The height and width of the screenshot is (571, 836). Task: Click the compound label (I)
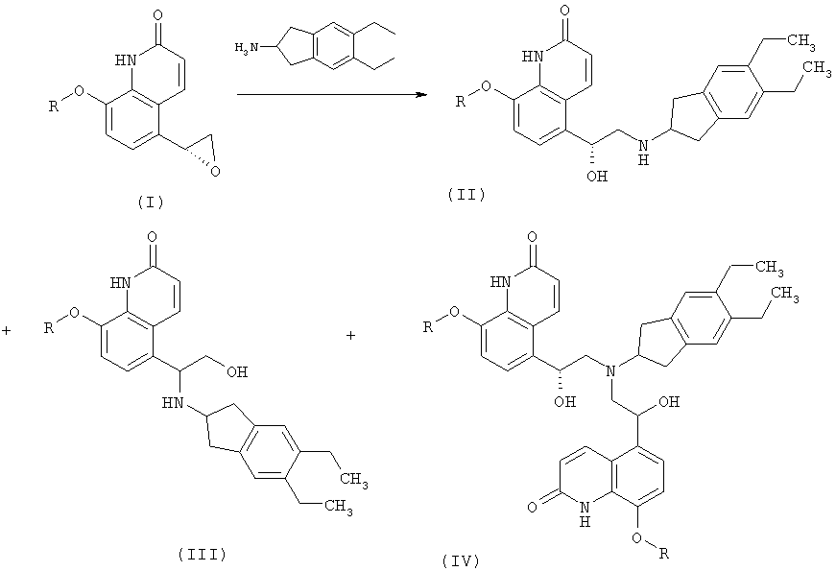click(151, 202)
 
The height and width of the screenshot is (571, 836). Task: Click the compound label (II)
click(466, 195)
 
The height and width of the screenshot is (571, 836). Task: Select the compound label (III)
click(203, 555)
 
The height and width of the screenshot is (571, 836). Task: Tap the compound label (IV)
click(461, 560)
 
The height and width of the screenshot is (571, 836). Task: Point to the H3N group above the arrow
click(247, 47)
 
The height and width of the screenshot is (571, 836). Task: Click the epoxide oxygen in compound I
click(215, 171)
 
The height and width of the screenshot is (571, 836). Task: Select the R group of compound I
click(54, 107)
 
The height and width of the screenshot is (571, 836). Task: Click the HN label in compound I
click(126, 60)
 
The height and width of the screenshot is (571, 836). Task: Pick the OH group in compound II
click(597, 176)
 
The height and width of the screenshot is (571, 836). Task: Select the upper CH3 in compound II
click(800, 41)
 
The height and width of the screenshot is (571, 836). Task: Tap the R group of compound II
click(461, 101)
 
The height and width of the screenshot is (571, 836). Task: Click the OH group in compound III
click(237, 371)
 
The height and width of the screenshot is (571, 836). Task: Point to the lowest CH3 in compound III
click(338, 506)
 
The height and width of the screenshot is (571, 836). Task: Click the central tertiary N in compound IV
click(611, 371)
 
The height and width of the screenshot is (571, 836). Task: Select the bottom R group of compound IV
click(663, 555)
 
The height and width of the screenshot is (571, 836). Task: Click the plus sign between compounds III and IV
click(350, 335)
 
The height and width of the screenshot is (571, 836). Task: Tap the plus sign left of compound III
click(7, 331)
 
